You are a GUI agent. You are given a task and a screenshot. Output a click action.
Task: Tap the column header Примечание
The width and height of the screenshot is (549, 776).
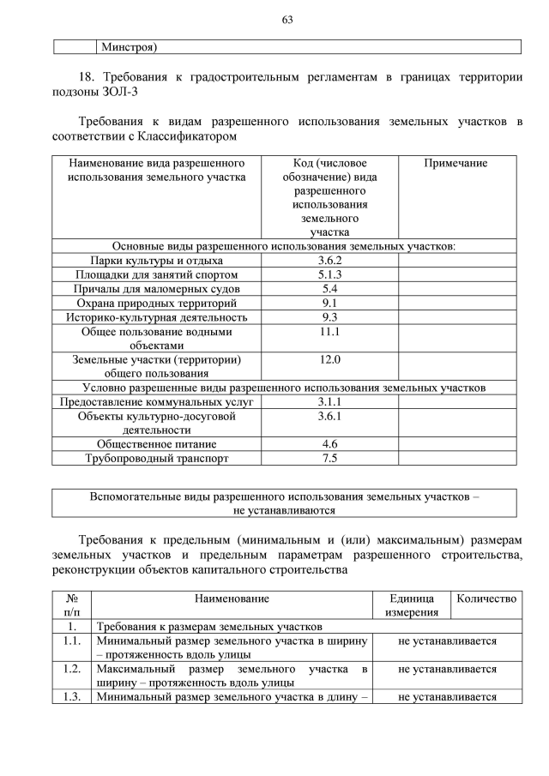tap(455, 163)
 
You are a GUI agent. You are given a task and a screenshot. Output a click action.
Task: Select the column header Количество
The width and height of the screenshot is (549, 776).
tap(486, 599)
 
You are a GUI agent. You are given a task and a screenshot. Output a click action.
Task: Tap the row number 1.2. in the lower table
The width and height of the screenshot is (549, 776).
tap(72, 668)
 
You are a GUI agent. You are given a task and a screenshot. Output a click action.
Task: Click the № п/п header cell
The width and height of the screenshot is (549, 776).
tap(72, 605)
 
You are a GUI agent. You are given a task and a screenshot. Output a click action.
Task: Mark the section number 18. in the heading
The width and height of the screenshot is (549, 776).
tap(88, 76)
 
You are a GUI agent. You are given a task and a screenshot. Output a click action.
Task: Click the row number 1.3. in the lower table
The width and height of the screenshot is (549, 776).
tap(72, 696)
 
